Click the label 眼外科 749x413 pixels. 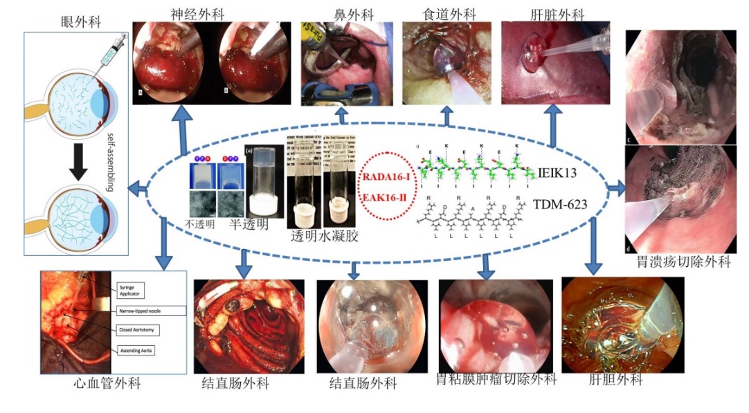pyautogui.click(x=81, y=22)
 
